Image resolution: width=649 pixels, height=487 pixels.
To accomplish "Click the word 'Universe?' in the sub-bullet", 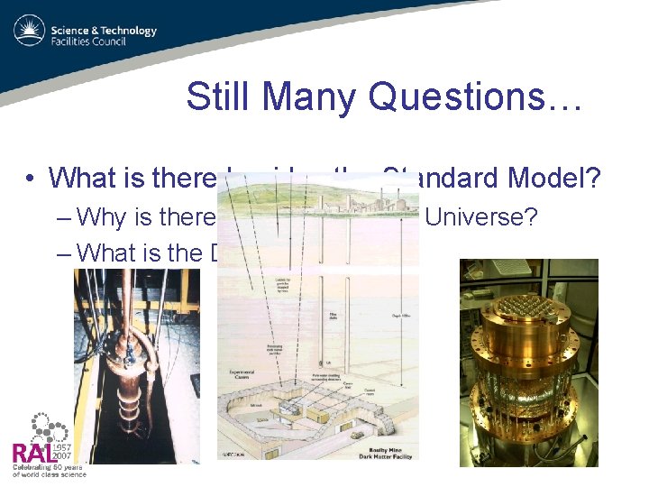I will pos(480,216).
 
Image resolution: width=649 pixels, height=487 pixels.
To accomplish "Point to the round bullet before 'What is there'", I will pos(31,179).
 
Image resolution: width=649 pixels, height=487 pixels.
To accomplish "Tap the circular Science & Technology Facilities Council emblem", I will pos(29,31).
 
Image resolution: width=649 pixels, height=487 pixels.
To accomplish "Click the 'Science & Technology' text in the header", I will pos(104,31).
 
